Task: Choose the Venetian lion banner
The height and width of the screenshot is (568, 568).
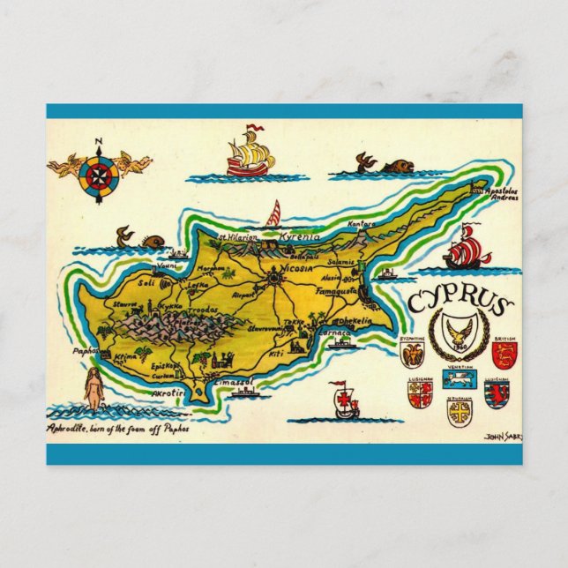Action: [458, 379]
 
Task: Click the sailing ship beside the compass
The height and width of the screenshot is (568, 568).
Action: [249, 153]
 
